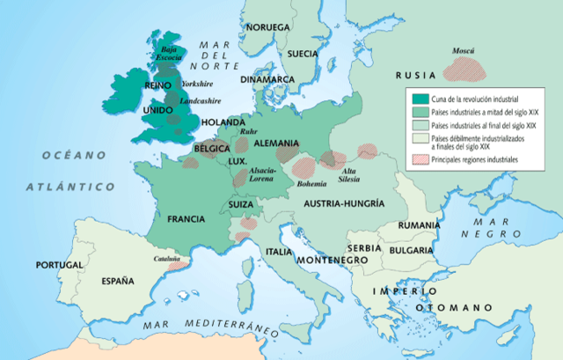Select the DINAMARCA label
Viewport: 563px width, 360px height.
point(269,78)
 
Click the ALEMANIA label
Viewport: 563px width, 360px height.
point(276,142)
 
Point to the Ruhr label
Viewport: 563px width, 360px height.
point(248,131)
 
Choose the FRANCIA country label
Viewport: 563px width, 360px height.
point(179,219)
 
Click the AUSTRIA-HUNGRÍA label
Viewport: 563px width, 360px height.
point(344,203)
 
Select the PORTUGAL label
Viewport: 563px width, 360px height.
point(59,265)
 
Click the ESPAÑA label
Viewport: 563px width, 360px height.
point(117,282)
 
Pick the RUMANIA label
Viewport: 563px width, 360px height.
point(418,225)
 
